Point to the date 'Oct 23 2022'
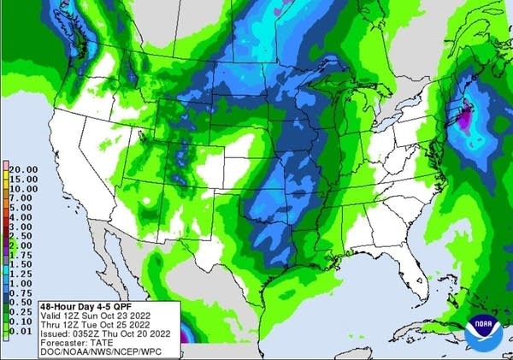[x=128, y=314]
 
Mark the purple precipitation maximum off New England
[x=463, y=122]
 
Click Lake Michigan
[x=340, y=107]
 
